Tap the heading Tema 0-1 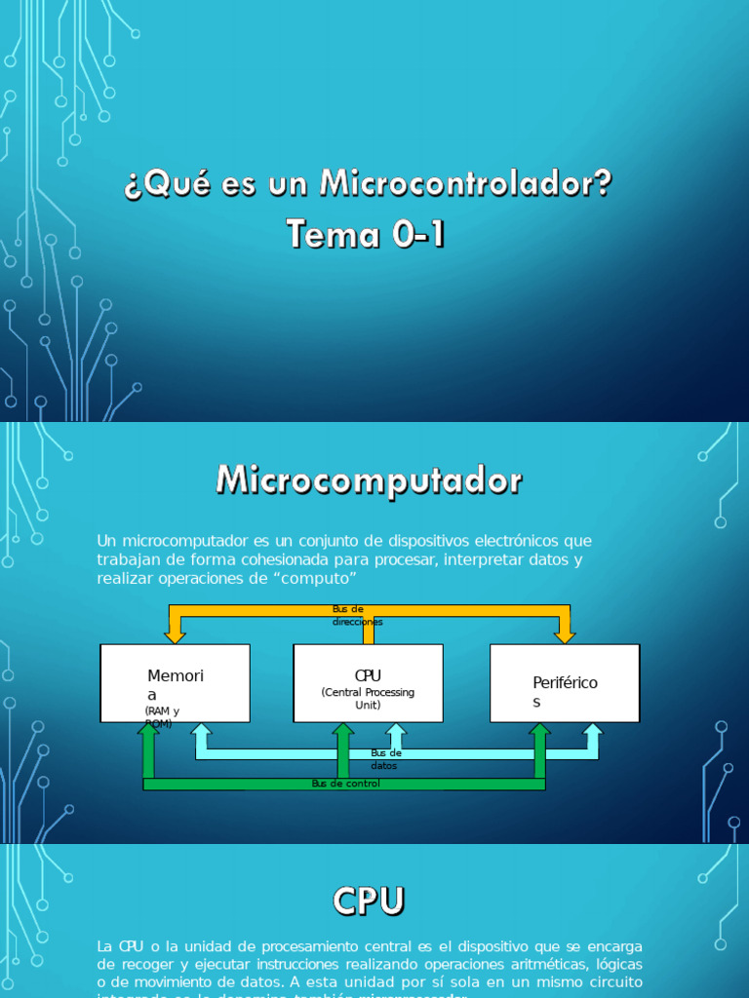pyautogui.click(x=367, y=234)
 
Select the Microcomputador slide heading pyautogui.click(x=369, y=480)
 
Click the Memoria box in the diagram pyautogui.click(x=176, y=682)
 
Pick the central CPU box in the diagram pyautogui.click(x=368, y=682)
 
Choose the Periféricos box pyautogui.click(x=565, y=682)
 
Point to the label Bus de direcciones pyautogui.click(x=357, y=615)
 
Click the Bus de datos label pyautogui.click(x=386, y=759)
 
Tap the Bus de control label pyautogui.click(x=345, y=784)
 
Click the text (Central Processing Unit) pyautogui.click(x=368, y=698)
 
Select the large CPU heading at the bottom pyautogui.click(x=368, y=902)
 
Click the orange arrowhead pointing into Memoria pyautogui.click(x=176, y=634)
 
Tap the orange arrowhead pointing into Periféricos pyautogui.click(x=565, y=634)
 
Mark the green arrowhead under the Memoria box pyautogui.click(x=148, y=731)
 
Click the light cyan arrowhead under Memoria pyautogui.click(x=201, y=731)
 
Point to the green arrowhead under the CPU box pyautogui.click(x=342, y=731)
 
